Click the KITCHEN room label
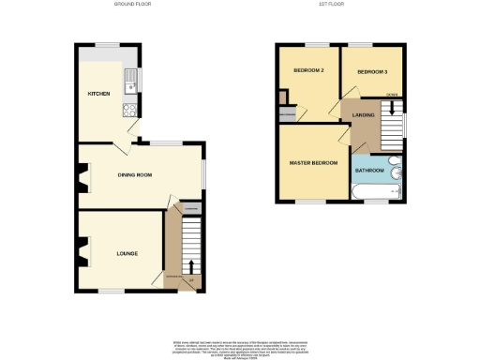[x=97, y=95]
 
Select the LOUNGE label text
[x=127, y=253]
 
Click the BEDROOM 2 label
[x=307, y=70]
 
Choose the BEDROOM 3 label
[x=371, y=70]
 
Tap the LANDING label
[x=364, y=115]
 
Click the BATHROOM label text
[x=369, y=171]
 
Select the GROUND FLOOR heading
[x=131, y=5]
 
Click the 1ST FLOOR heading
[x=339, y=5]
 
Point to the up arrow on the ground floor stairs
[x=192, y=266]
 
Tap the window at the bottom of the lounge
[x=111, y=292]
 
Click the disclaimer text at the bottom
[x=240, y=348]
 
